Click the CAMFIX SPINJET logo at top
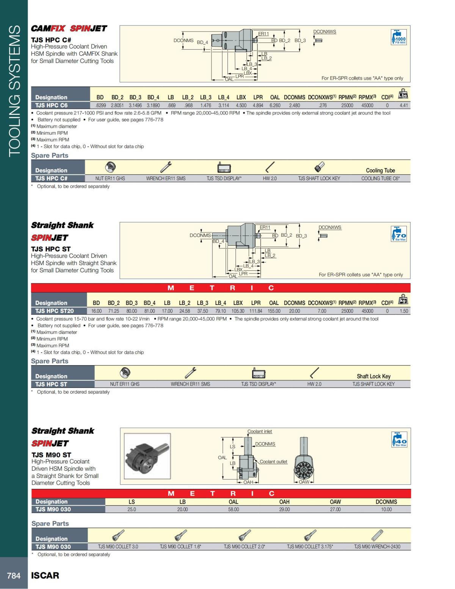[69, 28]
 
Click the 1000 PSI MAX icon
[399, 37]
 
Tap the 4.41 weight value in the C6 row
[403, 105]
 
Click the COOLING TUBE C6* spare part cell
[380, 178]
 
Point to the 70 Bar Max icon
[399, 234]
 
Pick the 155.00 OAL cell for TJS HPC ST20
[274, 311]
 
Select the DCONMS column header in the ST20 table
[294, 303]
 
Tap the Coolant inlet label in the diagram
[260, 432]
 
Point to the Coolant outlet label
[273, 462]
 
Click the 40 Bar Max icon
[399, 440]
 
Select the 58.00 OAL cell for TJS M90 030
[234, 509]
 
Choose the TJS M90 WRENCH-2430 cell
[377, 547]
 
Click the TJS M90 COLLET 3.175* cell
[310, 547]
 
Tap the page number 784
[14, 576]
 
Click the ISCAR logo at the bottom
[45, 576]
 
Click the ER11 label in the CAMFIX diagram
[264, 34]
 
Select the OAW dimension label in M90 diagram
[304, 482]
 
